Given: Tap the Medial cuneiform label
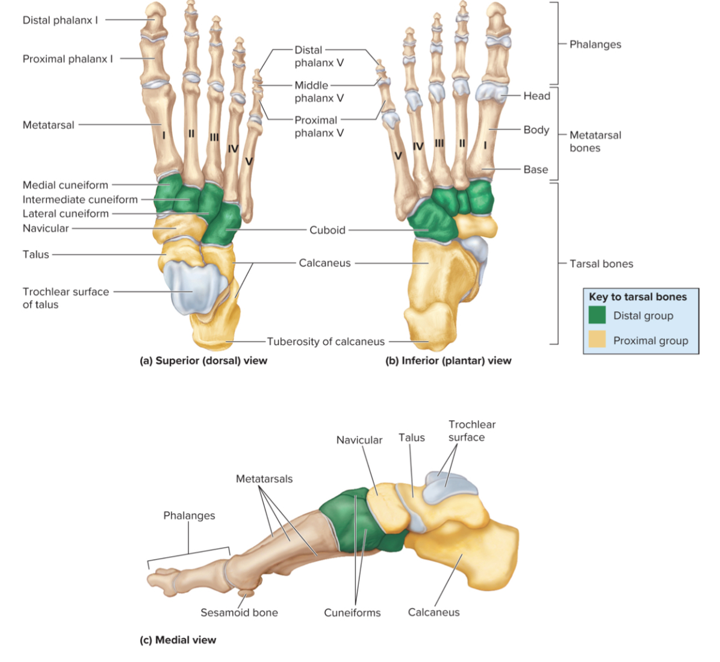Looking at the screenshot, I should tap(65, 185).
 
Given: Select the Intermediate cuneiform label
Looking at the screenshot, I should tap(80, 199).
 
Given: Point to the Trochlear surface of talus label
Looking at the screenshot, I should tap(66, 298).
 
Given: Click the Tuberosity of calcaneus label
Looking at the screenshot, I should tap(326, 342).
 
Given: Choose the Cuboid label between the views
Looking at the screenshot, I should tap(327, 230).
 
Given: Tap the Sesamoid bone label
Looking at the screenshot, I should tap(239, 613).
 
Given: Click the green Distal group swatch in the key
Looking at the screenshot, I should tap(597, 315).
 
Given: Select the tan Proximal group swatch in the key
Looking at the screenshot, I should tap(597, 340).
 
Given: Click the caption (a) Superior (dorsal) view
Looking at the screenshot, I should tap(203, 360).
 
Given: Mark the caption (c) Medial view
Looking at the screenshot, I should tap(178, 640).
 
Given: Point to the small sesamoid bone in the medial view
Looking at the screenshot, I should tap(247, 593).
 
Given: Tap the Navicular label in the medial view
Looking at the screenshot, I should tap(359, 440).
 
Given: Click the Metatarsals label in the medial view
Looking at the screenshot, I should tap(264, 479).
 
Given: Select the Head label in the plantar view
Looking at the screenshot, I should tap(536, 96).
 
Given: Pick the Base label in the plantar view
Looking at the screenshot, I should tap(536, 170).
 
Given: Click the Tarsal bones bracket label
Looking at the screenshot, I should tap(601, 264).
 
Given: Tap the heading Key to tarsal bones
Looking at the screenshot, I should tap(638, 297).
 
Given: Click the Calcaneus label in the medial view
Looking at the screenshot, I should tap(433, 612).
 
